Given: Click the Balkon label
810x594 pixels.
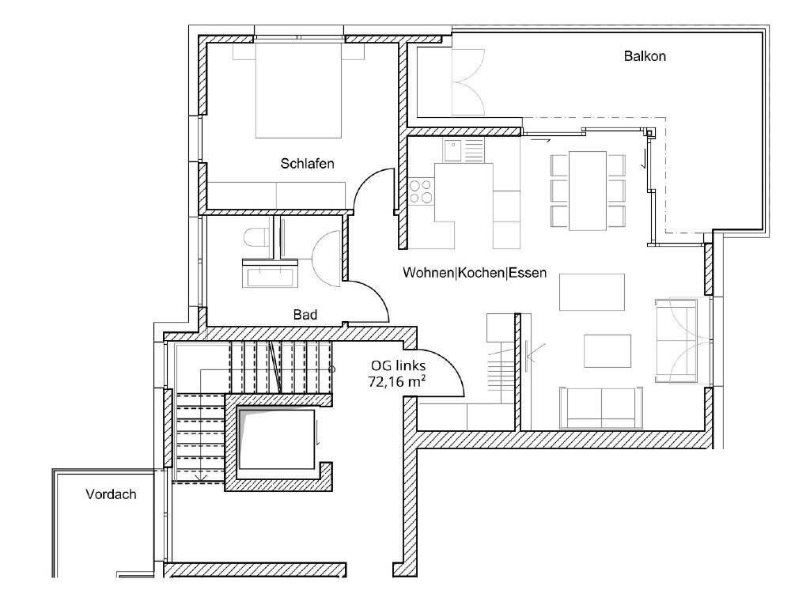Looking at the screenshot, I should (x=645, y=56).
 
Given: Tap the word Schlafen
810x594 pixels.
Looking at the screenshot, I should (x=307, y=164).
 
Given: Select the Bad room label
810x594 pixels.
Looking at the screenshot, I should (x=305, y=315).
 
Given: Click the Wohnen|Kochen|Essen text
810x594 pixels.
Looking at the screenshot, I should (x=475, y=273).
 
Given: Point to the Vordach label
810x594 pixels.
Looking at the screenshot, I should (x=111, y=494).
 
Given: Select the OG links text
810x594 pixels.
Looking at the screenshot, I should (x=398, y=366).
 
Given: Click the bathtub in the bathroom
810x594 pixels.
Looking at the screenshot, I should (x=271, y=276).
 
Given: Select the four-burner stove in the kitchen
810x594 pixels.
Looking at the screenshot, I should (x=421, y=192).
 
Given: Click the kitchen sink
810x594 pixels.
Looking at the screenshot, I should (x=454, y=149).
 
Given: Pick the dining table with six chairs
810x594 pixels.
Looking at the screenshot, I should (x=588, y=190).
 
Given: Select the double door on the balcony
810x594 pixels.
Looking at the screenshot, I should (x=467, y=82).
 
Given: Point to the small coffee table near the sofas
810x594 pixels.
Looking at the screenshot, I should (x=607, y=350).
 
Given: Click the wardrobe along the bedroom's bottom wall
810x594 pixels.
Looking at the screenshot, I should (x=277, y=195).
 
